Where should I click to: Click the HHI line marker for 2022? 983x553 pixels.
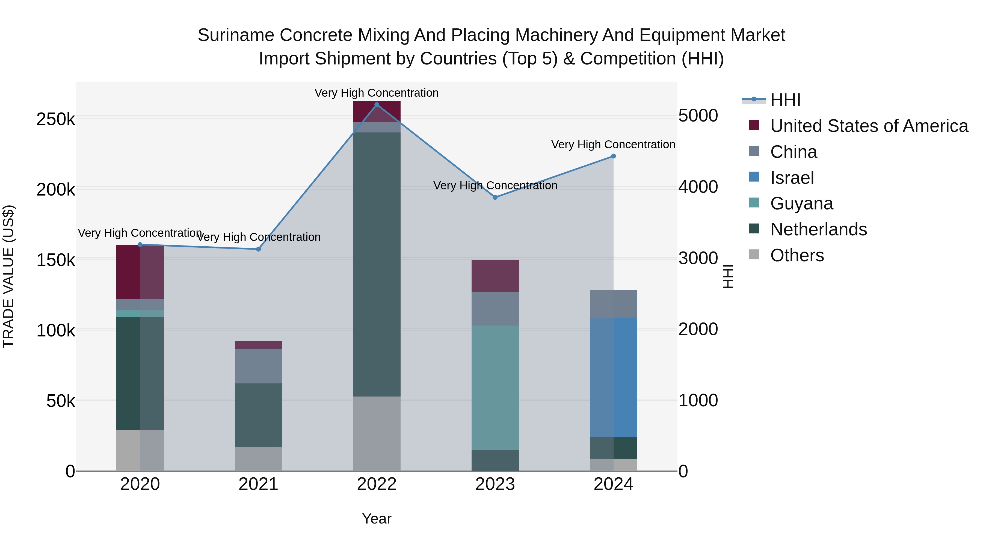click(x=377, y=105)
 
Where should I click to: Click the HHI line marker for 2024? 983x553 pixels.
click(x=614, y=156)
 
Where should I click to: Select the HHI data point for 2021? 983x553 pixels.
click(x=258, y=249)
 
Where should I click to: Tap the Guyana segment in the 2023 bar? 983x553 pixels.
click(x=495, y=387)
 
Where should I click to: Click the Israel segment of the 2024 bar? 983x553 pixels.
click(x=614, y=377)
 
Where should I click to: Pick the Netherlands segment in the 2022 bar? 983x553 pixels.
click(x=377, y=264)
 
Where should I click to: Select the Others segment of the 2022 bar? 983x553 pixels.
click(x=377, y=434)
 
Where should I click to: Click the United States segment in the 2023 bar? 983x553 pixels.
click(x=495, y=276)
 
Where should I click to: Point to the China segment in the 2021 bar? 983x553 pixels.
click(x=258, y=366)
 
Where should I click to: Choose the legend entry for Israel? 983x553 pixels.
click(x=792, y=178)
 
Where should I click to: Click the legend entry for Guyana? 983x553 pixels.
click(x=801, y=203)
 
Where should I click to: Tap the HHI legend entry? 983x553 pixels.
click(x=785, y=100)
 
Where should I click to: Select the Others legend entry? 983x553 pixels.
click(x=797, y=255)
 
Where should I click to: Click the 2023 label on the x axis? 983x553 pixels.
click(x=495, y=484)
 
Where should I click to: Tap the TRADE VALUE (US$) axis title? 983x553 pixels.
click(x=8, y=276)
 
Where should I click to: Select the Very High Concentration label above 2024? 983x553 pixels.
click(x=613, y=145)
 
